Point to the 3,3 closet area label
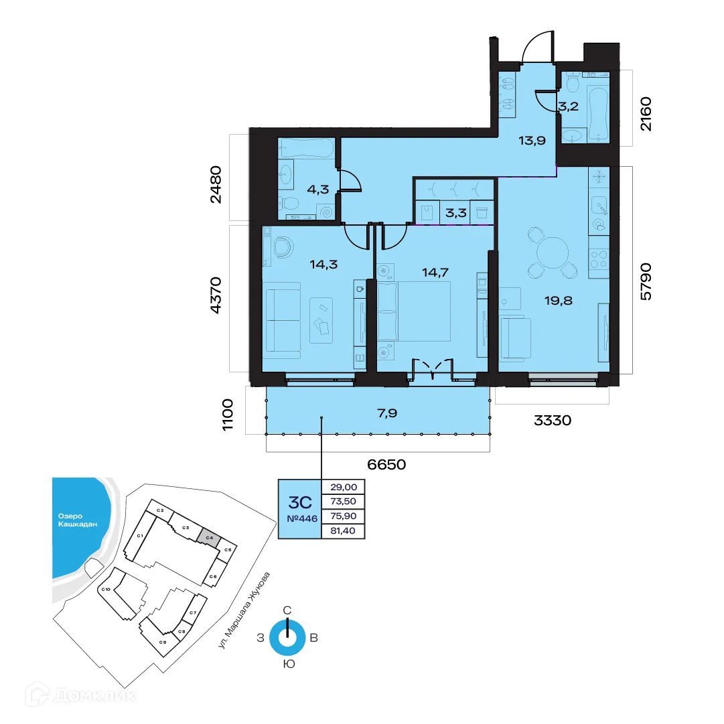[455, 215]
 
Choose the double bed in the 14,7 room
[414, 311]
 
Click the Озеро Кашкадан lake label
[75, 520]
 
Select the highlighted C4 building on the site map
[210, 538]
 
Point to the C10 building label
[105, 589]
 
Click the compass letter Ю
[287, 664]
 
